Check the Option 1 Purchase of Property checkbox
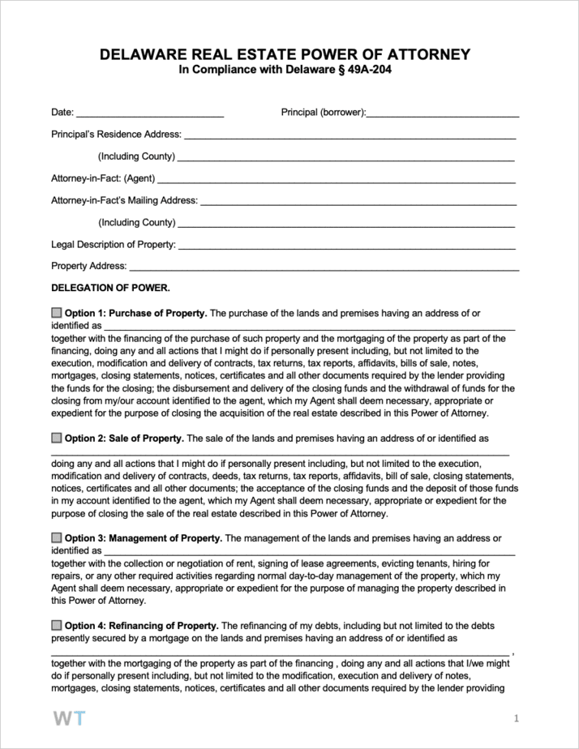pyautogui.click(x=56, y=313)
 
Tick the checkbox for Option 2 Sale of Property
pyautogui.click(x=56, y=438)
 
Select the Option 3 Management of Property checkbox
pyautogui.click(x=56, y=538)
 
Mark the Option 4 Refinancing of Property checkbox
pyautogui.click(x=56, y=626)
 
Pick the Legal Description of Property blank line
pyautogui.click(x=346, y=246)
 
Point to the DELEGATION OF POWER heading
pyautogui.click(x=110, y=288)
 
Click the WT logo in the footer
pyautogui.click(x=68, y=719)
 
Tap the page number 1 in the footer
pyautogui.click(x=516, y=719)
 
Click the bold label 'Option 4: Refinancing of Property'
pyautogui.click(x=141, y=626)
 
